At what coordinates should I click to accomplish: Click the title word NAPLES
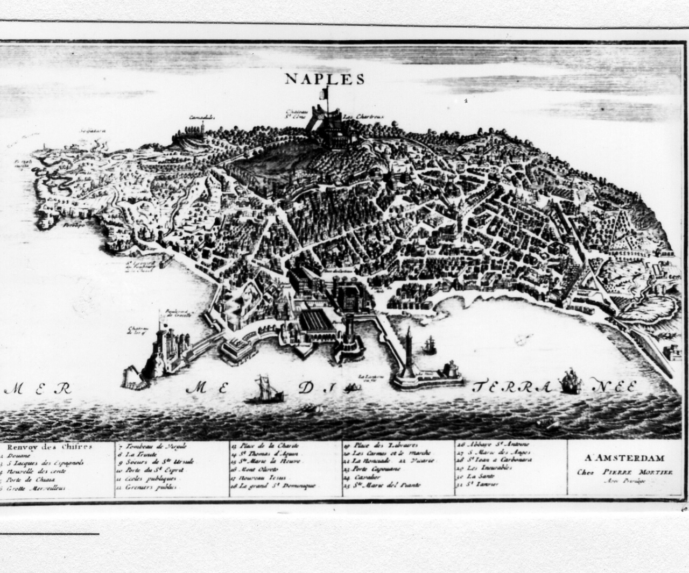324,79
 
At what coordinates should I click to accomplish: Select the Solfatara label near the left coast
93,130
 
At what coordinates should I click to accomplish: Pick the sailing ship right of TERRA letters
569,382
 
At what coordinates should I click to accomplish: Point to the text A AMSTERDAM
624,458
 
